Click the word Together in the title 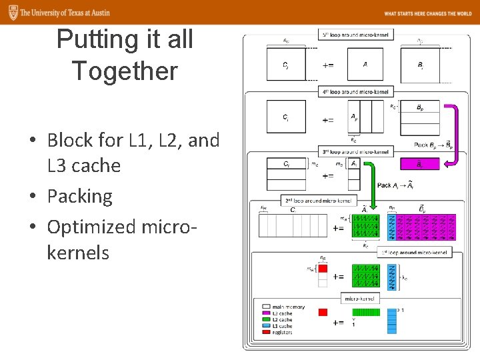coord(125,71)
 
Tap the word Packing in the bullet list coord(80,196)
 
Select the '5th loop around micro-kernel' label coord(356,34)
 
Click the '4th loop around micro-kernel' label coord(356,91)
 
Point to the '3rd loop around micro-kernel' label coord(356,151)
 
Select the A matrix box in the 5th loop coord(365,64)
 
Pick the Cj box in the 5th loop coord(285,64)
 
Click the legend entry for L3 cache coord(281,313)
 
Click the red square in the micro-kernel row coord(323,312)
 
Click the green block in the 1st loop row coord(365,277)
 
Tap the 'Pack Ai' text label coord(393,185)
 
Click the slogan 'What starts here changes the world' coord(427,13)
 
